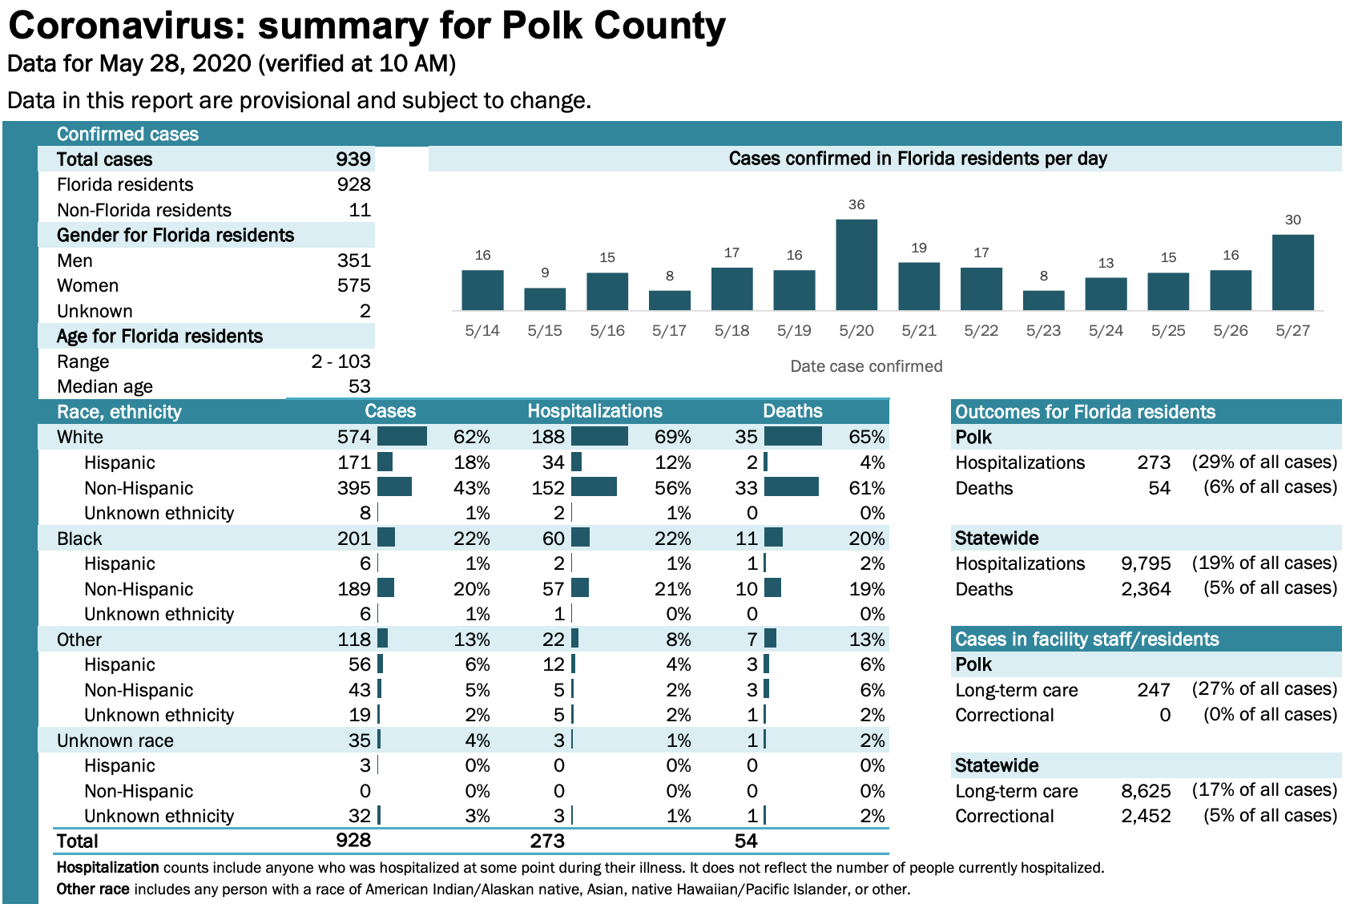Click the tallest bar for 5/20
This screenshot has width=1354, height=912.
coord(856,264)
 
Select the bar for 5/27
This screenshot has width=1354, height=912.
coord(1292,272)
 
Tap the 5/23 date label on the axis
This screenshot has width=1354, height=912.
coord(1043,330)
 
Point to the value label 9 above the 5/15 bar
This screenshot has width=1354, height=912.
coord(545,273)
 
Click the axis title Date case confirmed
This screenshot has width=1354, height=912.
coord(866,366)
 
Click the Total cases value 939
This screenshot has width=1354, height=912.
coord(353,159)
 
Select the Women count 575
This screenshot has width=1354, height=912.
coord(353,286)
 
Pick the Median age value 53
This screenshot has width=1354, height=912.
coord(359,386)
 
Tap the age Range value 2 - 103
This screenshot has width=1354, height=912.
coord(341,361)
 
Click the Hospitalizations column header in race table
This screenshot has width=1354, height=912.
coord(594,411)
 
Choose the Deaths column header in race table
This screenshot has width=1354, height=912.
coord(792,411)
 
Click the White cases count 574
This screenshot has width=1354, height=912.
coord(353,437)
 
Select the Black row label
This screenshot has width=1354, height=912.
coord(79,539)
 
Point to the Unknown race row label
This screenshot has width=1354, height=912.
coord(115,740)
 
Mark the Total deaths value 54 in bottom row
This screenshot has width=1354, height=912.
coord(745,841)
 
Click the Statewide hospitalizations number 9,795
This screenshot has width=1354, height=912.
coord(1146,563)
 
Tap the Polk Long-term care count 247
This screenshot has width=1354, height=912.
coord(1154,690)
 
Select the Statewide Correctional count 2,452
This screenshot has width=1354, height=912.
coord(1146,816)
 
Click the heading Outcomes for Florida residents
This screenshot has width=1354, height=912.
coord(1085,412)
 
